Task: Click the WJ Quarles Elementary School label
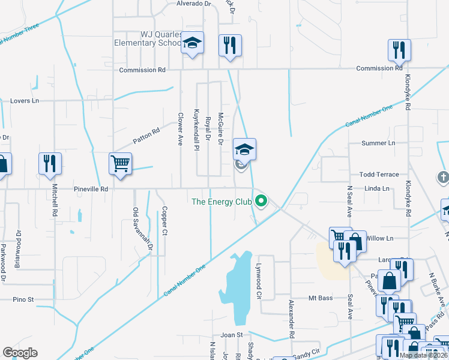[149, 39]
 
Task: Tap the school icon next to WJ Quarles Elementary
[192, 43]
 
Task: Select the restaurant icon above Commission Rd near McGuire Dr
[230, 46]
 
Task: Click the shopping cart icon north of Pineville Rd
[121, 163]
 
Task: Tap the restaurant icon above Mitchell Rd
[49, 163]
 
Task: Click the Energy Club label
[220, 202]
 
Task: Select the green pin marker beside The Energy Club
[261, 201]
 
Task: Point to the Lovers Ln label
[24, 101]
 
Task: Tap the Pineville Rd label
[91, 189]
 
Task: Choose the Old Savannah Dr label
[136, 229]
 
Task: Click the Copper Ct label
[164, 221]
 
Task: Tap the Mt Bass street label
[320, 298]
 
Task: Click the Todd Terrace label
[379, 175]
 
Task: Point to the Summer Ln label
[378, 143]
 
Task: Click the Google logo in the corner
[20, 353]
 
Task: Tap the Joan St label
[231, 335]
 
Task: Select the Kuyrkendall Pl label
[196, 128]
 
